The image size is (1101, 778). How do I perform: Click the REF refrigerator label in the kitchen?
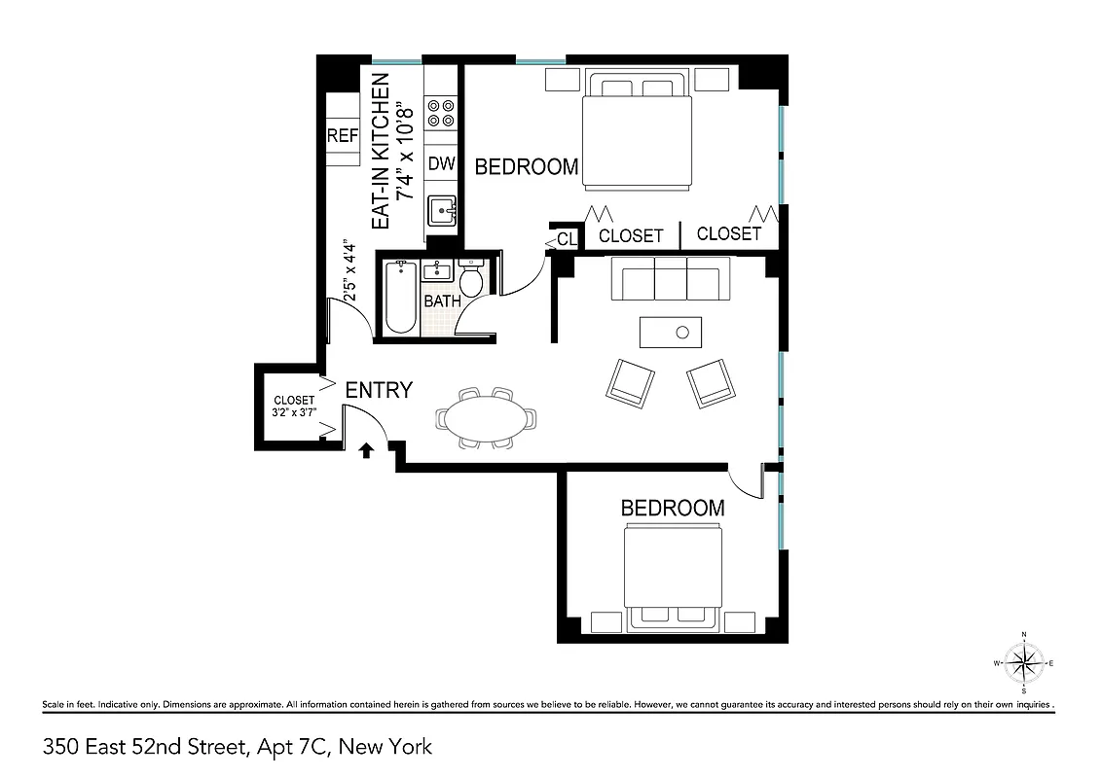point(343,136)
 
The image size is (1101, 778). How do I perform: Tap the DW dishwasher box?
point(441,163)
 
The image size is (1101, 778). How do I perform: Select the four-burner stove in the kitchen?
point(441,113)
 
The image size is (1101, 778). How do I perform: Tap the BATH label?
point(442,301)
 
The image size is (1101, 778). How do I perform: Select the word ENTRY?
point(380,390)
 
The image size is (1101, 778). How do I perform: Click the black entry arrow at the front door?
point(367,449)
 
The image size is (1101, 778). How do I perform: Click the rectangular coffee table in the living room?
point(671,332)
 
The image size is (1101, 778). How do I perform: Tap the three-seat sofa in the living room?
point(671,279)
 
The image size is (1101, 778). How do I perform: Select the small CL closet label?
point(567,238)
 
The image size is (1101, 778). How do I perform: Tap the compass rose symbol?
point(1023,663)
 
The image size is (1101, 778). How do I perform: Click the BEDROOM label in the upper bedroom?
point(526,167)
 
